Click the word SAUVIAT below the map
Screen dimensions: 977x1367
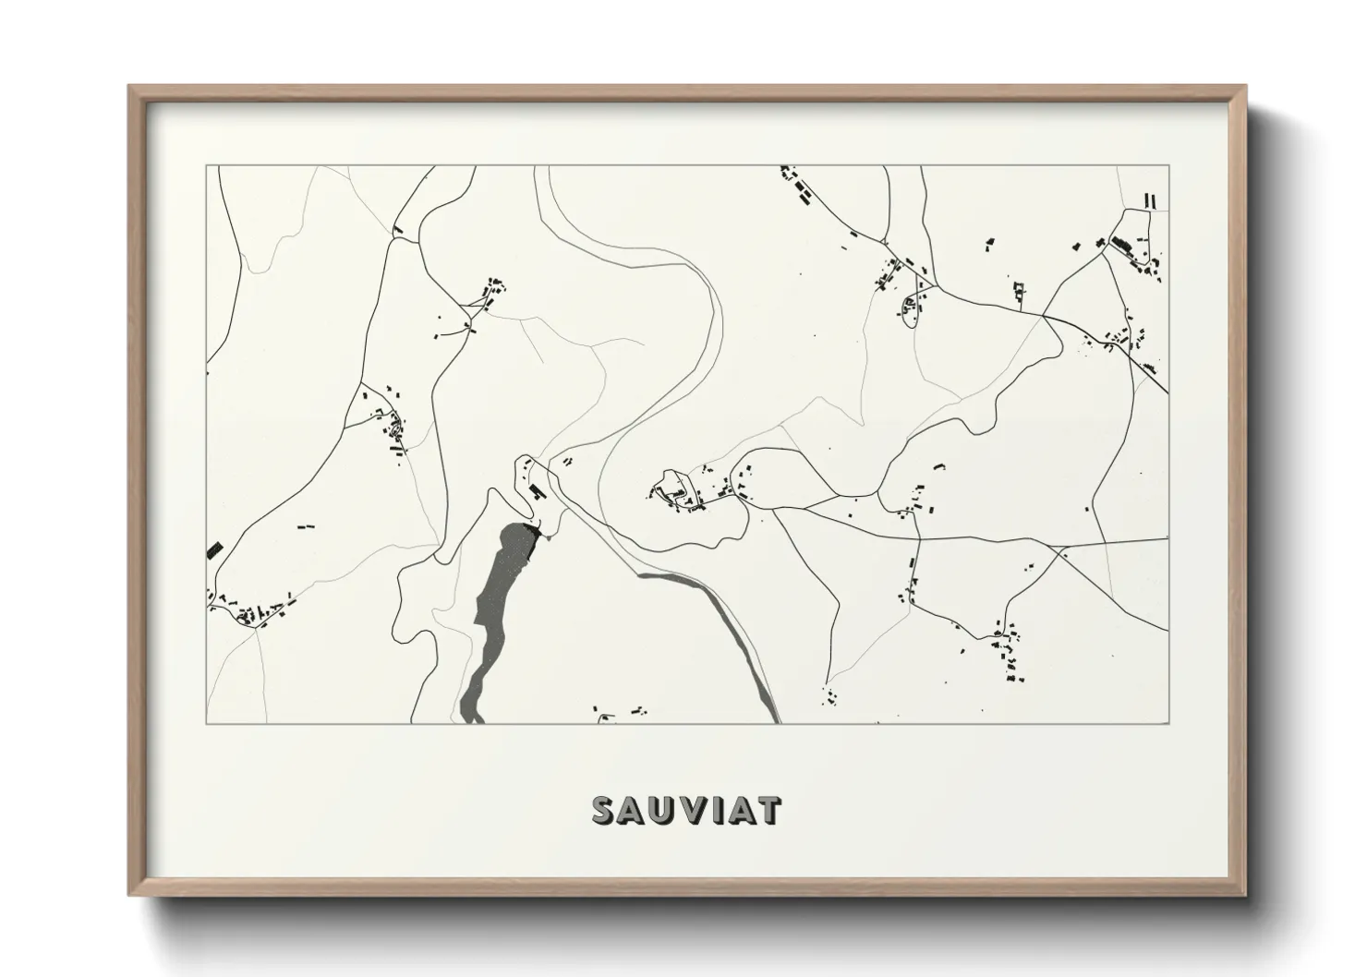686,810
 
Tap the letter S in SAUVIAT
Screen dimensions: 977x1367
605,810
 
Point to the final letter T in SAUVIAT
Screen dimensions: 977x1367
768,810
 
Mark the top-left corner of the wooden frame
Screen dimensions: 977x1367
130,87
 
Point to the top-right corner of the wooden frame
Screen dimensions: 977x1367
1245,87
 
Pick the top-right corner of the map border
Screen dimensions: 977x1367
1168,165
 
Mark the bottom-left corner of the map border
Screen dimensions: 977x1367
207,723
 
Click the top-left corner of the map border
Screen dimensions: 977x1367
207,165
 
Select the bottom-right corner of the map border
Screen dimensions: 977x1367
1168,723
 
